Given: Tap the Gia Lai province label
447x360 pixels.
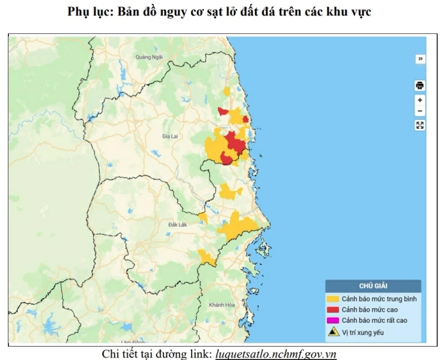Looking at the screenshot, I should (x=170, y=137).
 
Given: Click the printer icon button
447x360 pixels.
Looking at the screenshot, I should (x=420, y=86).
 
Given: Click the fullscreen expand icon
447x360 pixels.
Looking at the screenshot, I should (x=420, y=125).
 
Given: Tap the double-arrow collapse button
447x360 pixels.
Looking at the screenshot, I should (x=420, y=59).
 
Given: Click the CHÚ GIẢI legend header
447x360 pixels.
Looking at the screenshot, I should (x=373, y=287).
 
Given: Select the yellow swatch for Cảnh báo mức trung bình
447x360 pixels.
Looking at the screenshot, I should (x=333, y=299).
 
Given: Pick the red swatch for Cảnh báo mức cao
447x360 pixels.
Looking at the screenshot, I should (x=333, y=310).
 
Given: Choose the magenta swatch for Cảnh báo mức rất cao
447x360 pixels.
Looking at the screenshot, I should (x=333, y=320).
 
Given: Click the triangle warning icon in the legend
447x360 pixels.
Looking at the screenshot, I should (x=333, y=332).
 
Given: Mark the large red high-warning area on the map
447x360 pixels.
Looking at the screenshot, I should (x=235, y=144).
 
